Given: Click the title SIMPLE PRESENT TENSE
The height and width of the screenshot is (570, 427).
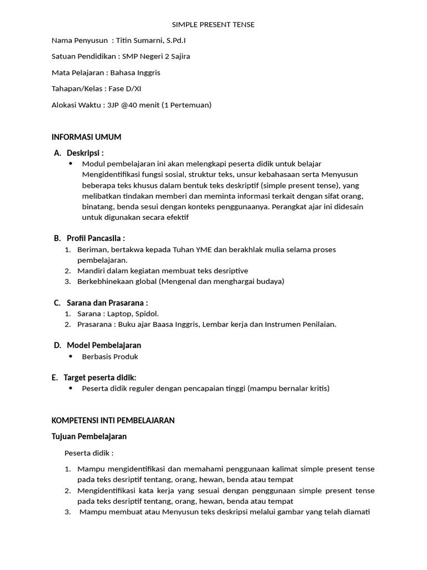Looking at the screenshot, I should point(213,24).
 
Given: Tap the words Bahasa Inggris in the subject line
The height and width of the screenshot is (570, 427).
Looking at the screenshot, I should point(135,72).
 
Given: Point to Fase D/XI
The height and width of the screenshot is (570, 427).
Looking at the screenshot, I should point(125,89).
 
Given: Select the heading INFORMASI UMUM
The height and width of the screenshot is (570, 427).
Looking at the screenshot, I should point(86,137).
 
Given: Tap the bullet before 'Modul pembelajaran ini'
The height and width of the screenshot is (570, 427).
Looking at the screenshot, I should point(71,164).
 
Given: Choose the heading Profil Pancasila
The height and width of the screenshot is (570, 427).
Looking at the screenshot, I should point(95,238).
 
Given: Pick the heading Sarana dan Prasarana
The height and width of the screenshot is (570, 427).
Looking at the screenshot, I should point(107,303).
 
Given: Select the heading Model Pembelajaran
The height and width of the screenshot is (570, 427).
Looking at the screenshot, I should point(103,345).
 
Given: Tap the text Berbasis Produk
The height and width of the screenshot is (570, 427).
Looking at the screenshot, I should point(110,357).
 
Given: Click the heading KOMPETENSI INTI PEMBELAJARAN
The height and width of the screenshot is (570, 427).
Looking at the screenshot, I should point(113,420).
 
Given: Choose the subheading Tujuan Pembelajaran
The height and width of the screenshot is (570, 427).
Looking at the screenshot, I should point(89,436).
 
